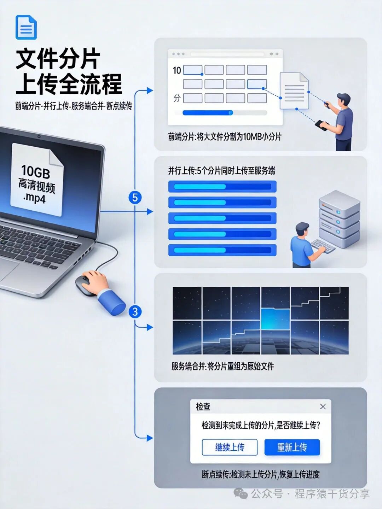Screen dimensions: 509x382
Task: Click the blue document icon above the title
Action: pos(26,27)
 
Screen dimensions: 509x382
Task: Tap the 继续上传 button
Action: pos(230,447)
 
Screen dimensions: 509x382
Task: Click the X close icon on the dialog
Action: pos(323,406)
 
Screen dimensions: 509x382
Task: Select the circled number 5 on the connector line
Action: pos(135,197)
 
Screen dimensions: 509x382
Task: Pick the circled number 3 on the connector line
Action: pos(135,312)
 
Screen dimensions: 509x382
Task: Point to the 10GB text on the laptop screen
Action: pos(35,171)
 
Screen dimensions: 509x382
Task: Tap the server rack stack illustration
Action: pos(339,219)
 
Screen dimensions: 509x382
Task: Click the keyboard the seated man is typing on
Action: pos(323,245)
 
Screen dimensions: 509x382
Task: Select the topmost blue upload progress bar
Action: pos(222,186)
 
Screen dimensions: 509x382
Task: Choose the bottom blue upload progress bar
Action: pos(222,250)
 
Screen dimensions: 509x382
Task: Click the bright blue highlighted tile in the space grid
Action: pos(275,319)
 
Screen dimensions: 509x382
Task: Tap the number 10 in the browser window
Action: pos(177,70)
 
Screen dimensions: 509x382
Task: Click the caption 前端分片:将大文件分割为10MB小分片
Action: pos(225,137)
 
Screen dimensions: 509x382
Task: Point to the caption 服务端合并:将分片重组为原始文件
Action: pos(223,366)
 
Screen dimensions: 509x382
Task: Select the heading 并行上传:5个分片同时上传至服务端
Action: pos(221,171)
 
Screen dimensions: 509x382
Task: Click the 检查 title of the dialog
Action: pos(203,406)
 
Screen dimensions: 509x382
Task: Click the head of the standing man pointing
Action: pos(343,99)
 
